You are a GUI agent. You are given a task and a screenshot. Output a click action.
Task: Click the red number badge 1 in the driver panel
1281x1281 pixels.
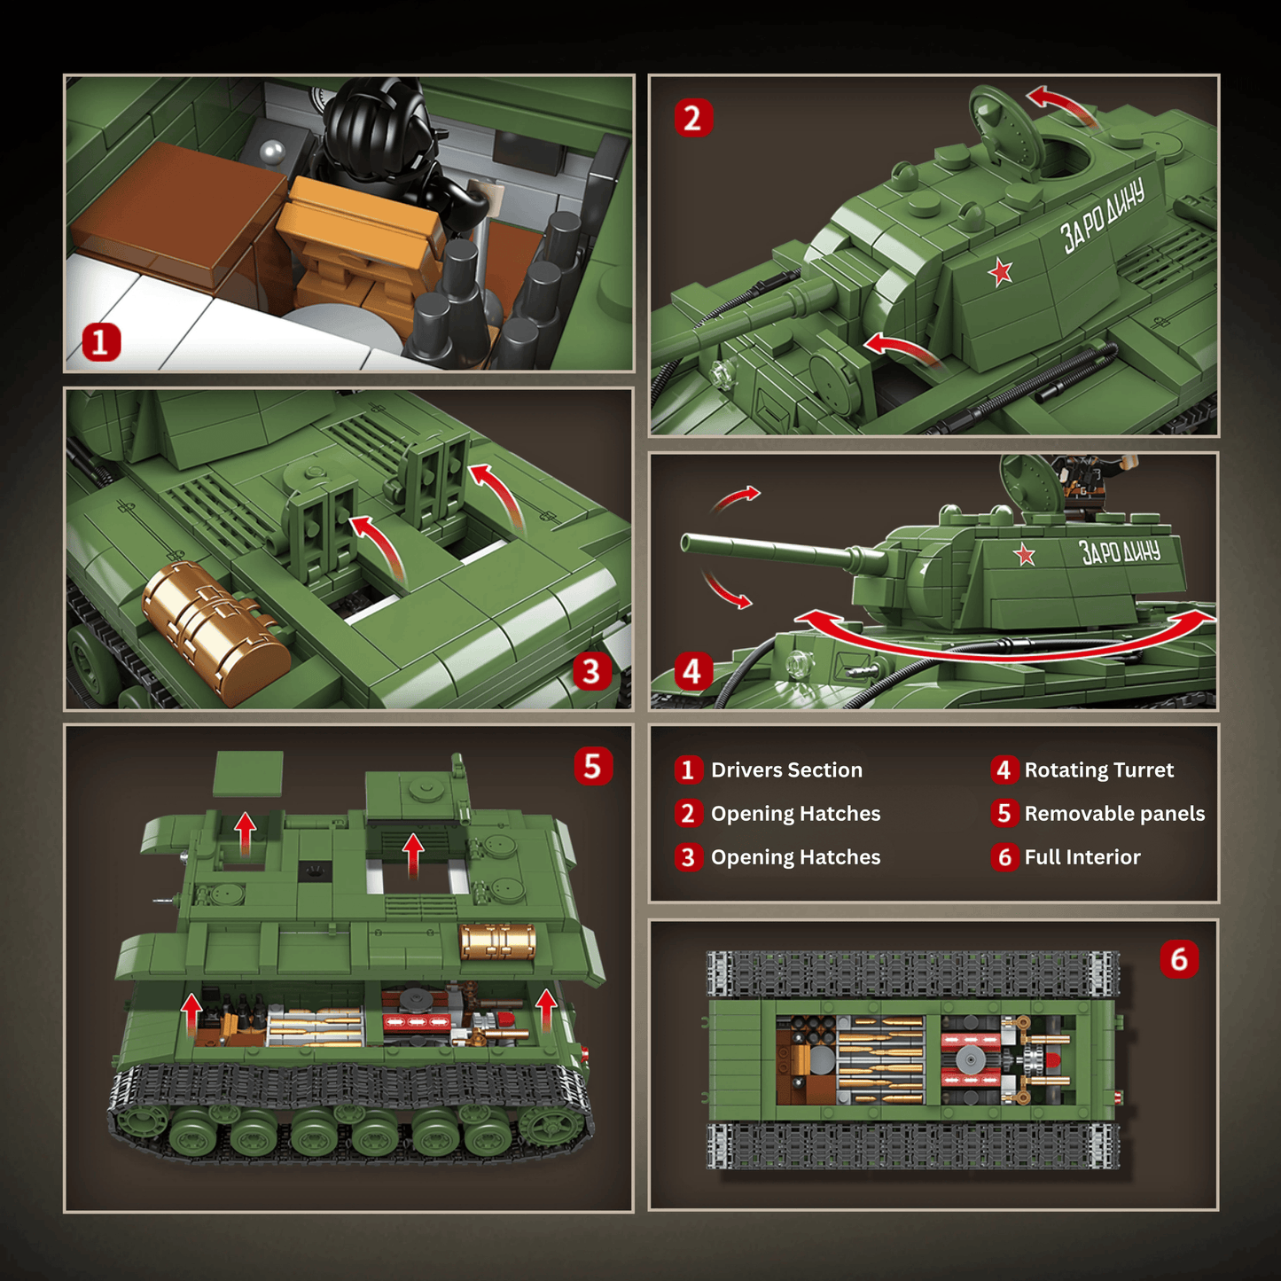[100, 342]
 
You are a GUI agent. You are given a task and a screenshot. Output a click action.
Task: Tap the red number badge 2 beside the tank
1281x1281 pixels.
[693, 118]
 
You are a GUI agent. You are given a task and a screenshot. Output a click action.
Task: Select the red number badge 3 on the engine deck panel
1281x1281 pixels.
[591, 671]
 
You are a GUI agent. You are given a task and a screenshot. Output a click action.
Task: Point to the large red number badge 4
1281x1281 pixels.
[692, 671]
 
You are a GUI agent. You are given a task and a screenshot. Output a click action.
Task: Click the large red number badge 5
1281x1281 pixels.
[592, 766]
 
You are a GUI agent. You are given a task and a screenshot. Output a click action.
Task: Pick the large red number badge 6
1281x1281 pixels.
[1179, 958]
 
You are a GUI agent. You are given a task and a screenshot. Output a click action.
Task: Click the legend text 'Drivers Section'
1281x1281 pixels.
[786, 770]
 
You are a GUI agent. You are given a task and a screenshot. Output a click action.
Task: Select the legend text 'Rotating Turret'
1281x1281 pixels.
[1098, 770]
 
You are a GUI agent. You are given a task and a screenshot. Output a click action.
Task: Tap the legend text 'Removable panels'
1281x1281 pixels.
[1114, 814]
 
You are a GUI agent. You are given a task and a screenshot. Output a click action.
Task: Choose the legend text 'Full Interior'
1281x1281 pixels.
[1082, 857]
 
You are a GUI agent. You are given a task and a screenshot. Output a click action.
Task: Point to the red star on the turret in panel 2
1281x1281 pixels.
[1001, 271]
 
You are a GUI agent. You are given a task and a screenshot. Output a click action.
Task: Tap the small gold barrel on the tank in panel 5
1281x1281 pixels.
[497, 941]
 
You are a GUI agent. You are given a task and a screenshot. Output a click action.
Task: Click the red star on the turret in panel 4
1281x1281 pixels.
[1025, 555]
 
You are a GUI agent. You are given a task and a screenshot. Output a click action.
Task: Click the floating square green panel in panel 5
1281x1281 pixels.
[249, 774]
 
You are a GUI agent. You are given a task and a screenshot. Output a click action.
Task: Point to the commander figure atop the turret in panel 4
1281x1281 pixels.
[1083, 483]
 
